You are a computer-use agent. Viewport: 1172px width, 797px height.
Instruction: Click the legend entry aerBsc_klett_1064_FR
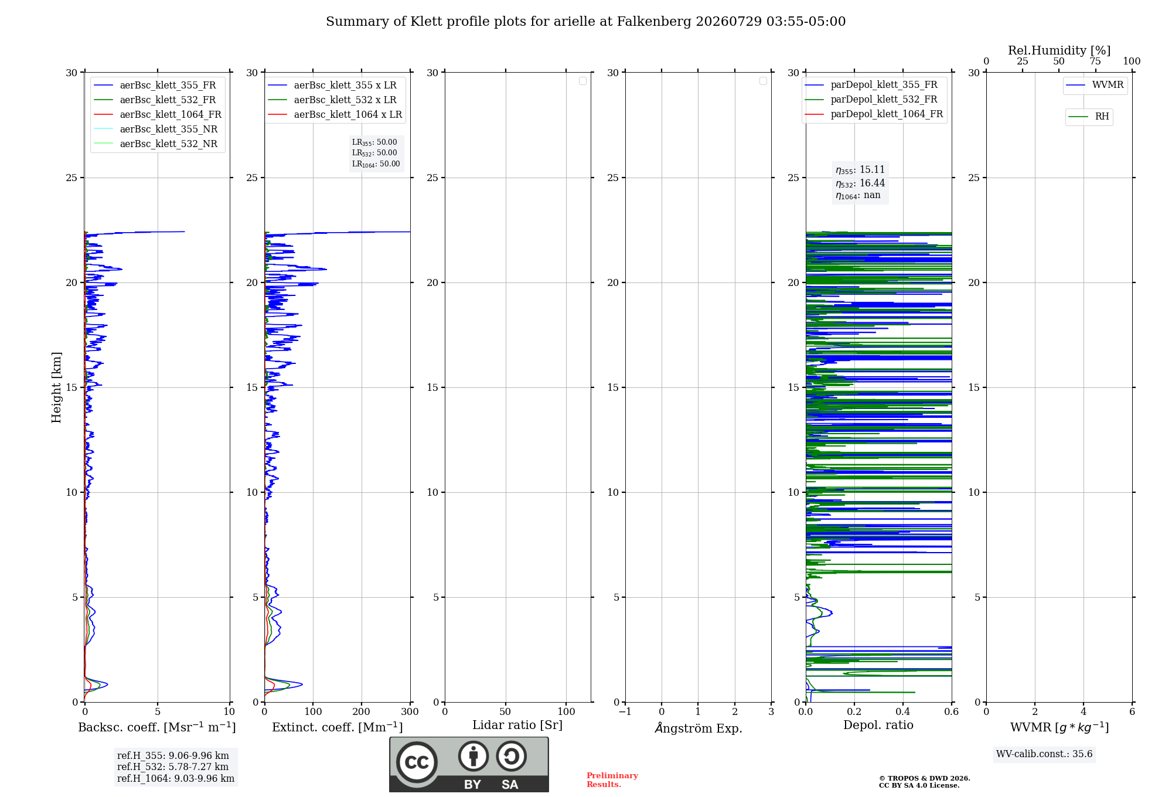(x=157, y=114)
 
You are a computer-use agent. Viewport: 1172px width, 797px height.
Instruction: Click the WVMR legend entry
(x=1095, y=85)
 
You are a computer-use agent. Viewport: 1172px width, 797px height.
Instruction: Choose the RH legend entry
(x=1089, y=117)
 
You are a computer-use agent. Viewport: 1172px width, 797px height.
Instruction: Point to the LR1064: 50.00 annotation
(x=376, y=164)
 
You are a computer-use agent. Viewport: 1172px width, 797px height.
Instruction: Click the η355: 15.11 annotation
(x=860, y=170)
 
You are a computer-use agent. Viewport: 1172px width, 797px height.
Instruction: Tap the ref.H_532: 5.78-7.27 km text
(x=173, y=767)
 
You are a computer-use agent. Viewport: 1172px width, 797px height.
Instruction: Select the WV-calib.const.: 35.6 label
(x=1044, y=754)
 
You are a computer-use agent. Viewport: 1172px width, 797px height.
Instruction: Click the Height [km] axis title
(x=56, y=387)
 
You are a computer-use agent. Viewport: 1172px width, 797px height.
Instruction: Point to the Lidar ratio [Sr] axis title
(x=517, y=725)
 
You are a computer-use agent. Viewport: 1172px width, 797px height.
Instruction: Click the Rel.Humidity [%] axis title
(x=1059, y=50)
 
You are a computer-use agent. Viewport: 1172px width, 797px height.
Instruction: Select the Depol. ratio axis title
(x=878, y=725)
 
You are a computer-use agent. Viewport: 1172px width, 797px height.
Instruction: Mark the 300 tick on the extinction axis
(x=410, y=711)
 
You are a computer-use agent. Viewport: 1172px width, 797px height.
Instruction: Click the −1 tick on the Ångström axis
(x=625, y=711)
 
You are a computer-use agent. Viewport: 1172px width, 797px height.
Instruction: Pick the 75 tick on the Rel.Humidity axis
(x=1095, y=61)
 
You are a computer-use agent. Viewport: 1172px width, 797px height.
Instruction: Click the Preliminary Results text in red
(x=612, y=780)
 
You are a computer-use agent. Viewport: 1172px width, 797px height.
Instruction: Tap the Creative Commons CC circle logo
(x=417, y=762)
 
